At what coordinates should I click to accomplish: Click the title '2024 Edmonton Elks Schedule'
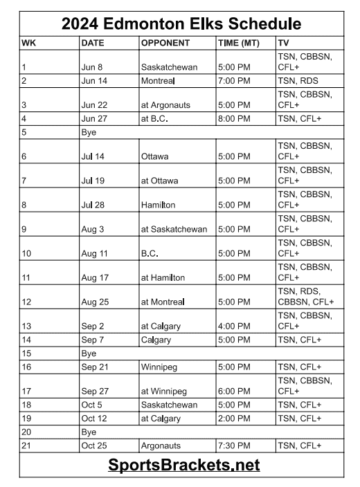tap(181, 24)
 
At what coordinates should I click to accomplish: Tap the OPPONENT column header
tap(165, 43)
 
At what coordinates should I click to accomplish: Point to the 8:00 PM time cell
tap(234, 118)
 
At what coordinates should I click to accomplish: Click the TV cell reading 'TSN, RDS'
tap(298, 81)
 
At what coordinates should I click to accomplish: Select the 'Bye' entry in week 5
tap(89, 131)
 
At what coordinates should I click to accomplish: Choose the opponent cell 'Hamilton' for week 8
tap(159, 205)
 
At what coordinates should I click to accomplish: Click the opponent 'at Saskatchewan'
tap(174, 229)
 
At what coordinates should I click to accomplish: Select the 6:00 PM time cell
tap(234, 391)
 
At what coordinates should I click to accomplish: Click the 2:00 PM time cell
tap(234, 419)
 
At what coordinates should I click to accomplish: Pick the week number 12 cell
tap(27, 302)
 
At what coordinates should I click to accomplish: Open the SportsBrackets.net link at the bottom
tap(183, 465)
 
